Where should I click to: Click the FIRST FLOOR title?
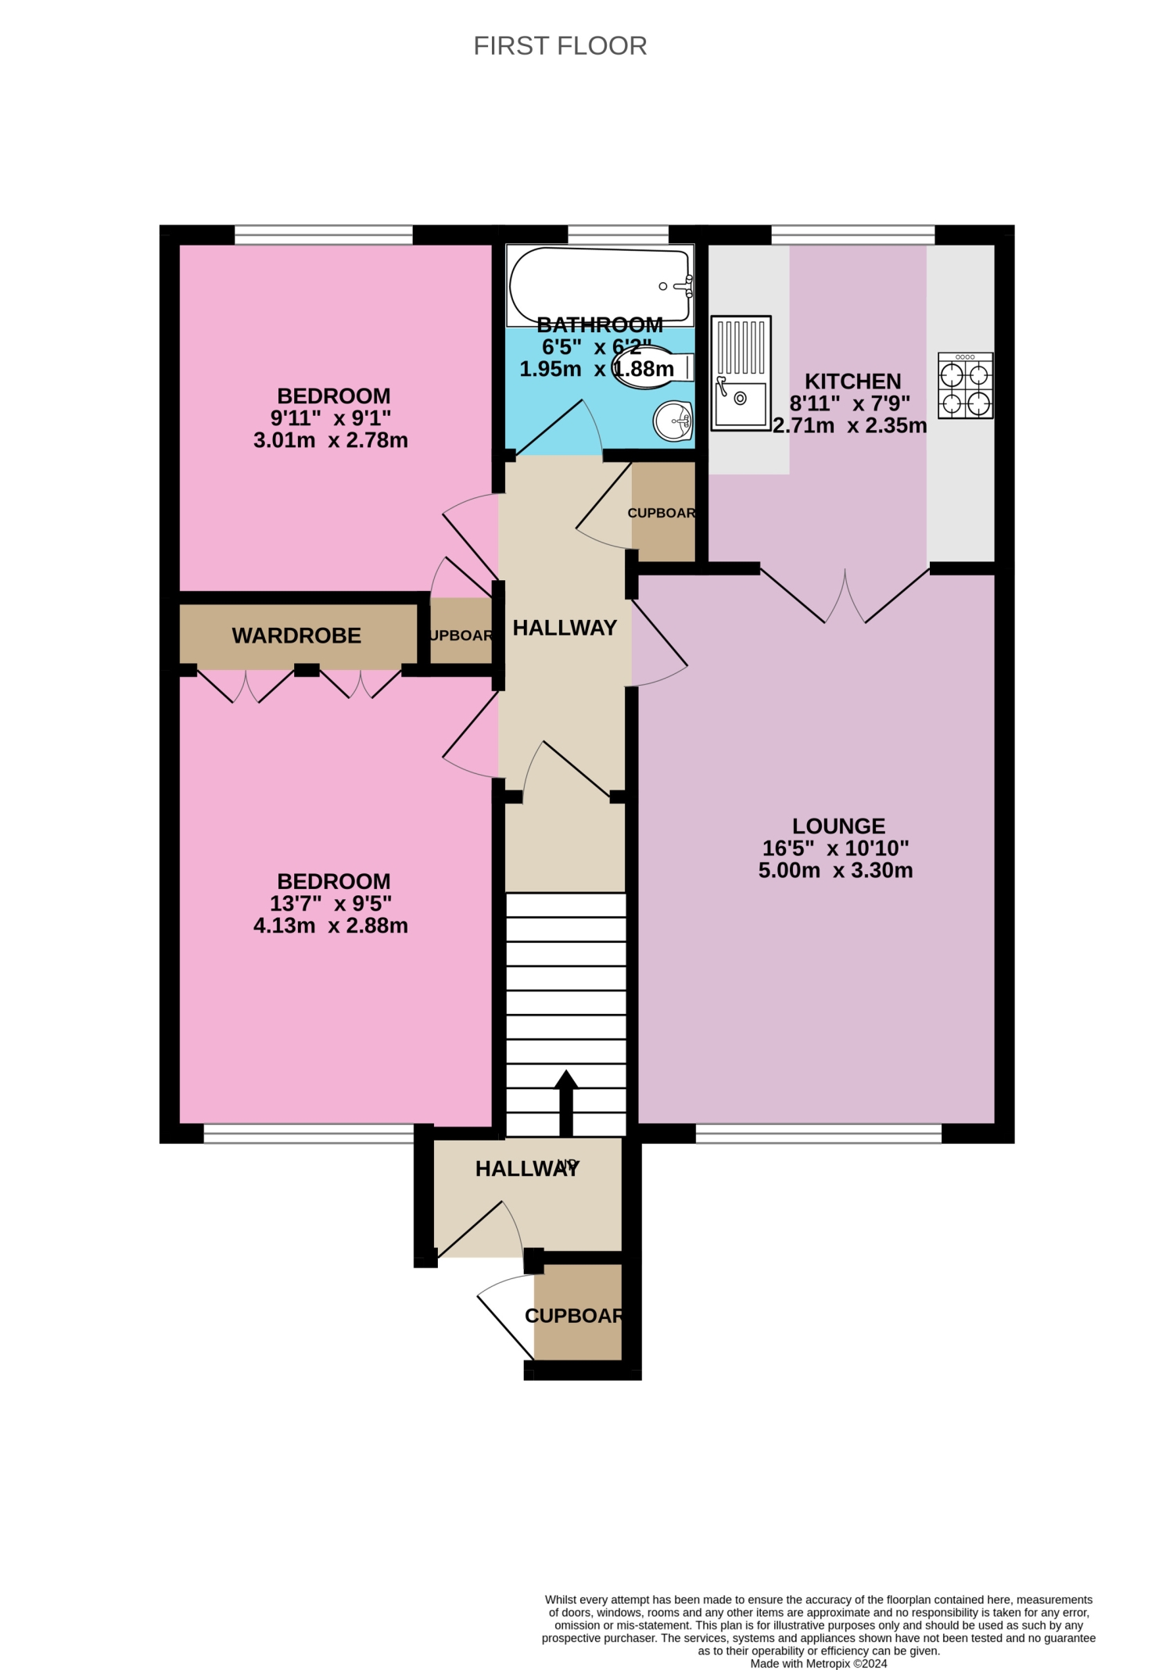[560, 46]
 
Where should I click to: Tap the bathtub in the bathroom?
[599, 285]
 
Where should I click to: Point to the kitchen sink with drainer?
[741, 373]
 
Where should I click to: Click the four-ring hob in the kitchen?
[966, 385]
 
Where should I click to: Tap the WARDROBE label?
[296, 636]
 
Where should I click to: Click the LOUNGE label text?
[838, 826]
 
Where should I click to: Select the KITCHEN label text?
[852, 382]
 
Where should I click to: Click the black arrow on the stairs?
[566, 1102]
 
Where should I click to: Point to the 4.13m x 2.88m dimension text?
[331, 926]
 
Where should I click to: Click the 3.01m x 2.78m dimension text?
[331, 440]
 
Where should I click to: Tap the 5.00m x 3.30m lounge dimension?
[835, 870]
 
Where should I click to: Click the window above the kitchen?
[852, 235]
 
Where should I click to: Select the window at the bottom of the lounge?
[818, 1134]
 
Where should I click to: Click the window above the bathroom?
[618, 235]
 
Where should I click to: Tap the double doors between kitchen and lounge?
[845, 598]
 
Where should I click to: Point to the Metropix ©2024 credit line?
[818, 1663]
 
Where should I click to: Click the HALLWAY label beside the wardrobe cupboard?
[565, 628]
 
